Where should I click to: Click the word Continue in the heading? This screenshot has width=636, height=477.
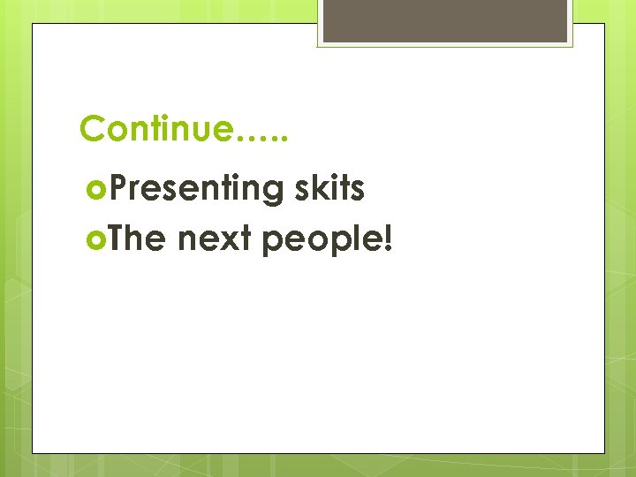pyautogui.click(x=156, y=129)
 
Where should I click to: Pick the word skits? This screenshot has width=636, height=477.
pyautogui.click(x=328, y=188)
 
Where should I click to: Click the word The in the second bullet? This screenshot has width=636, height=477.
pyautogui.click(x=139, y=238)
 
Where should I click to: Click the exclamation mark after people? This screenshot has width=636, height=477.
pyautogui.click(x=386, y=238)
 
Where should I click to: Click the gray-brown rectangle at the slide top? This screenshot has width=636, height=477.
pyautogui.click(x=445, y=21)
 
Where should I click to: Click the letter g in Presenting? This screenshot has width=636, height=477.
pyautogui.click(x=270, y=193)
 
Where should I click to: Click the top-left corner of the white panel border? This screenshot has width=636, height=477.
pyautogui.click(x=33, y=24)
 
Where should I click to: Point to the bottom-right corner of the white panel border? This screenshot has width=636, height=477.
pyautogui.click(x=605, y=453)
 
